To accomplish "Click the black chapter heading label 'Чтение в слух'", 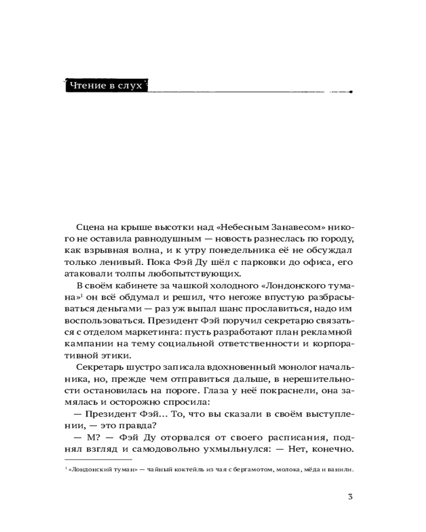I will click(x=105, y=85).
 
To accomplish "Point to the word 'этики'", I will click(x=114, y=355).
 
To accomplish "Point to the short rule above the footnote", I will click(x=97, y=459).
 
